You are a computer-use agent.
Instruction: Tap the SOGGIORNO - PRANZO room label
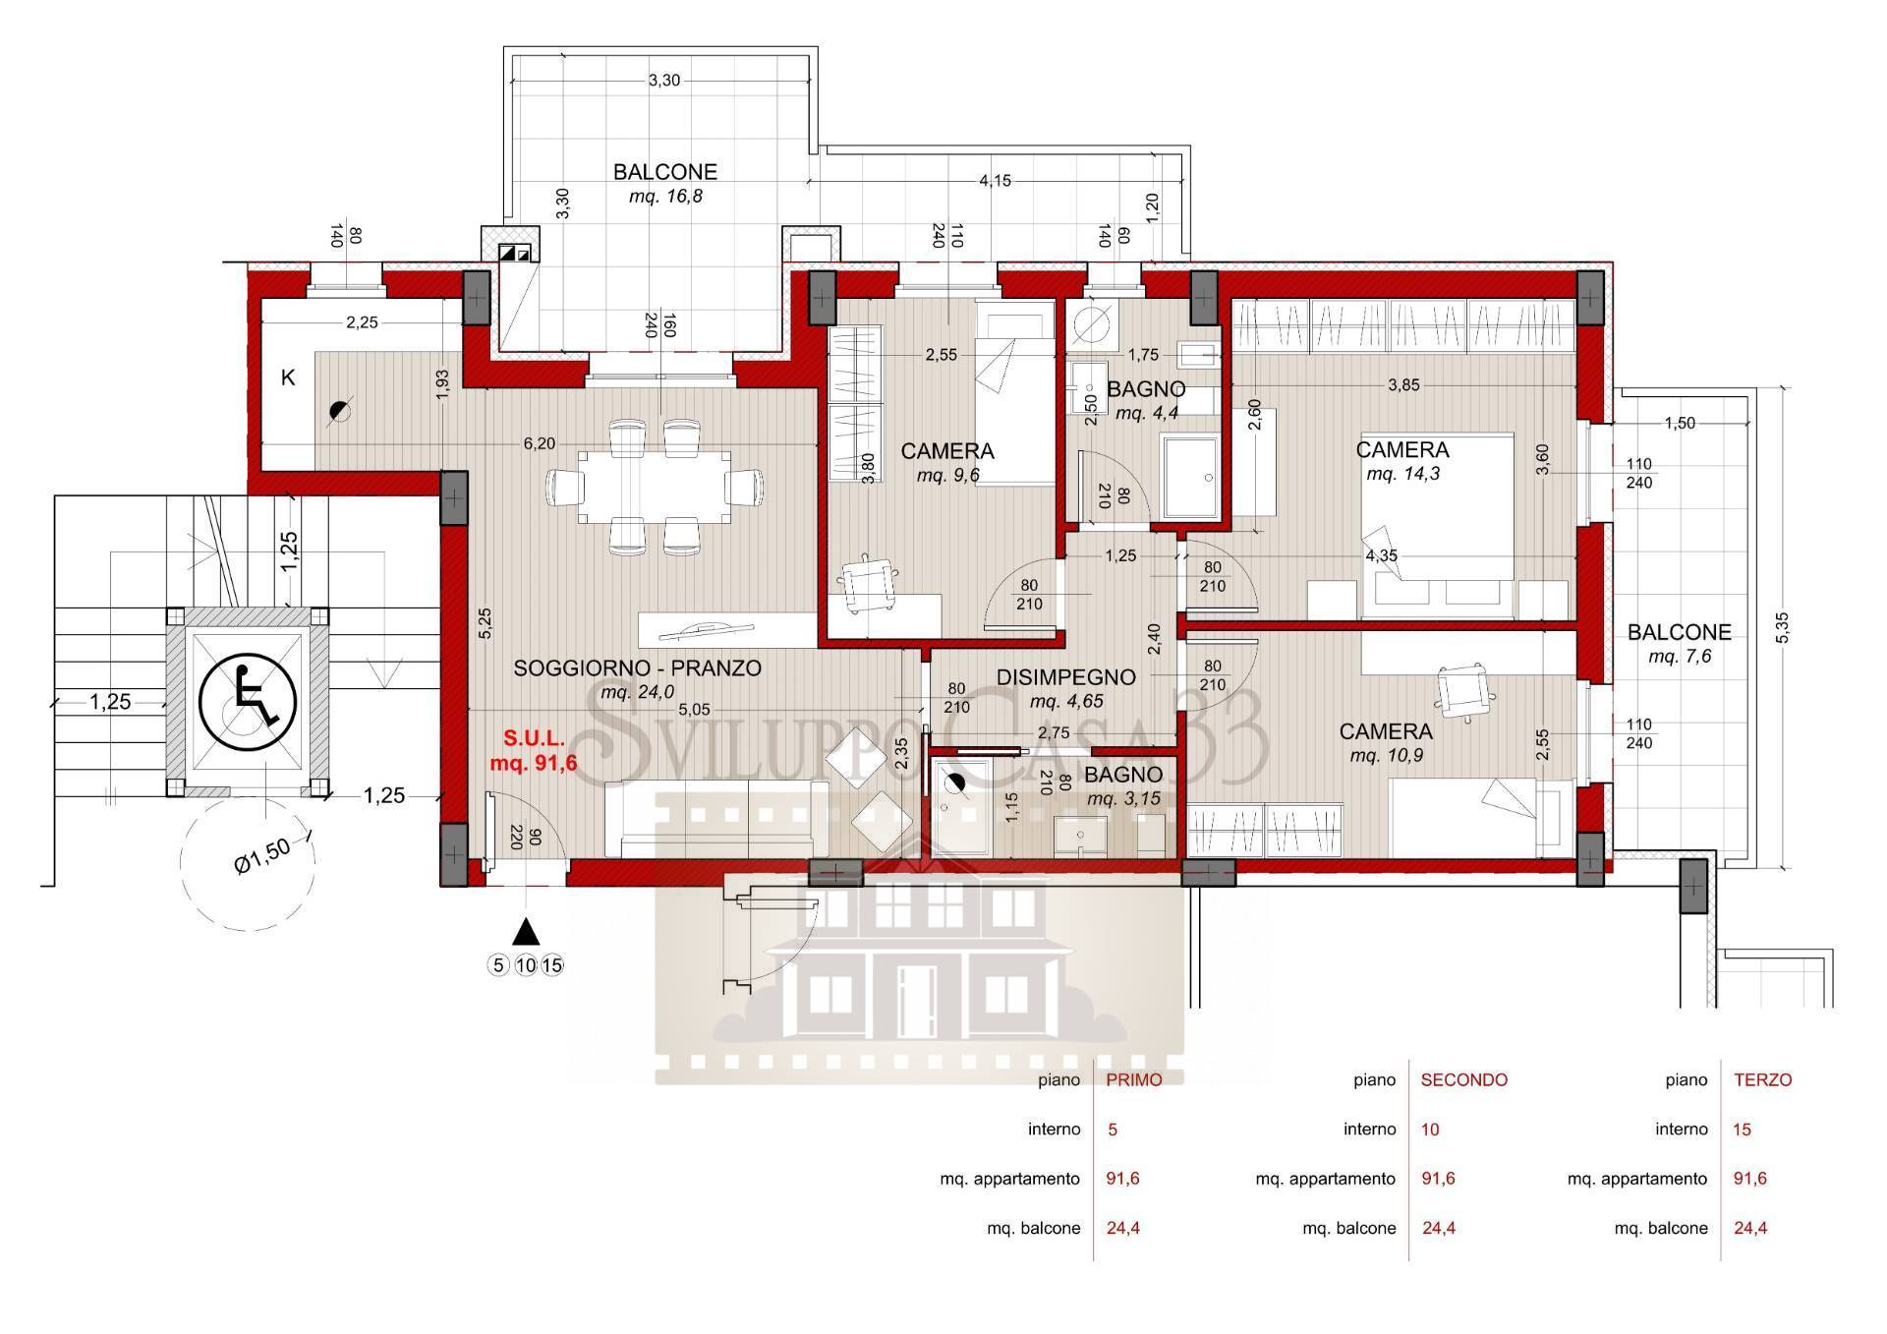pos(637,668)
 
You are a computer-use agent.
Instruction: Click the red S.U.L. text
pos(534,736)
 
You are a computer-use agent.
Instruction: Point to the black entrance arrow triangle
pos(527,931)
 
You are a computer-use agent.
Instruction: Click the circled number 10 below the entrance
pos(526,965)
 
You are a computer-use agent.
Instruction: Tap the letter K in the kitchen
pos(288,377)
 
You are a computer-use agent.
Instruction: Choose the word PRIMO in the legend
pos(1134,1079)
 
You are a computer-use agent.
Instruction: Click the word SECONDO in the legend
pos(1464,1079)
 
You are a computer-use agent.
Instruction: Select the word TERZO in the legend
pos(1763,1079)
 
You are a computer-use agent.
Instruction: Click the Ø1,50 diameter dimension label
pos(262,855)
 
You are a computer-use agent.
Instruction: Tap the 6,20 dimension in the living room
pos(540,443)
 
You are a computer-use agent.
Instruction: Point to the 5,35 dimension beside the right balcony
pos(1784,628)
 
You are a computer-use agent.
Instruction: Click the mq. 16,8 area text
pos(665,197)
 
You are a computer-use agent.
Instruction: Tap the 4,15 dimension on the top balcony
pos(995,181)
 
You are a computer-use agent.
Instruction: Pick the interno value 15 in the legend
pos(1743,1130)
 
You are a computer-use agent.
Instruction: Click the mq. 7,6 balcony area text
pos(1680,657)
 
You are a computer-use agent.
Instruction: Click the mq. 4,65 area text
pos(1066,702)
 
